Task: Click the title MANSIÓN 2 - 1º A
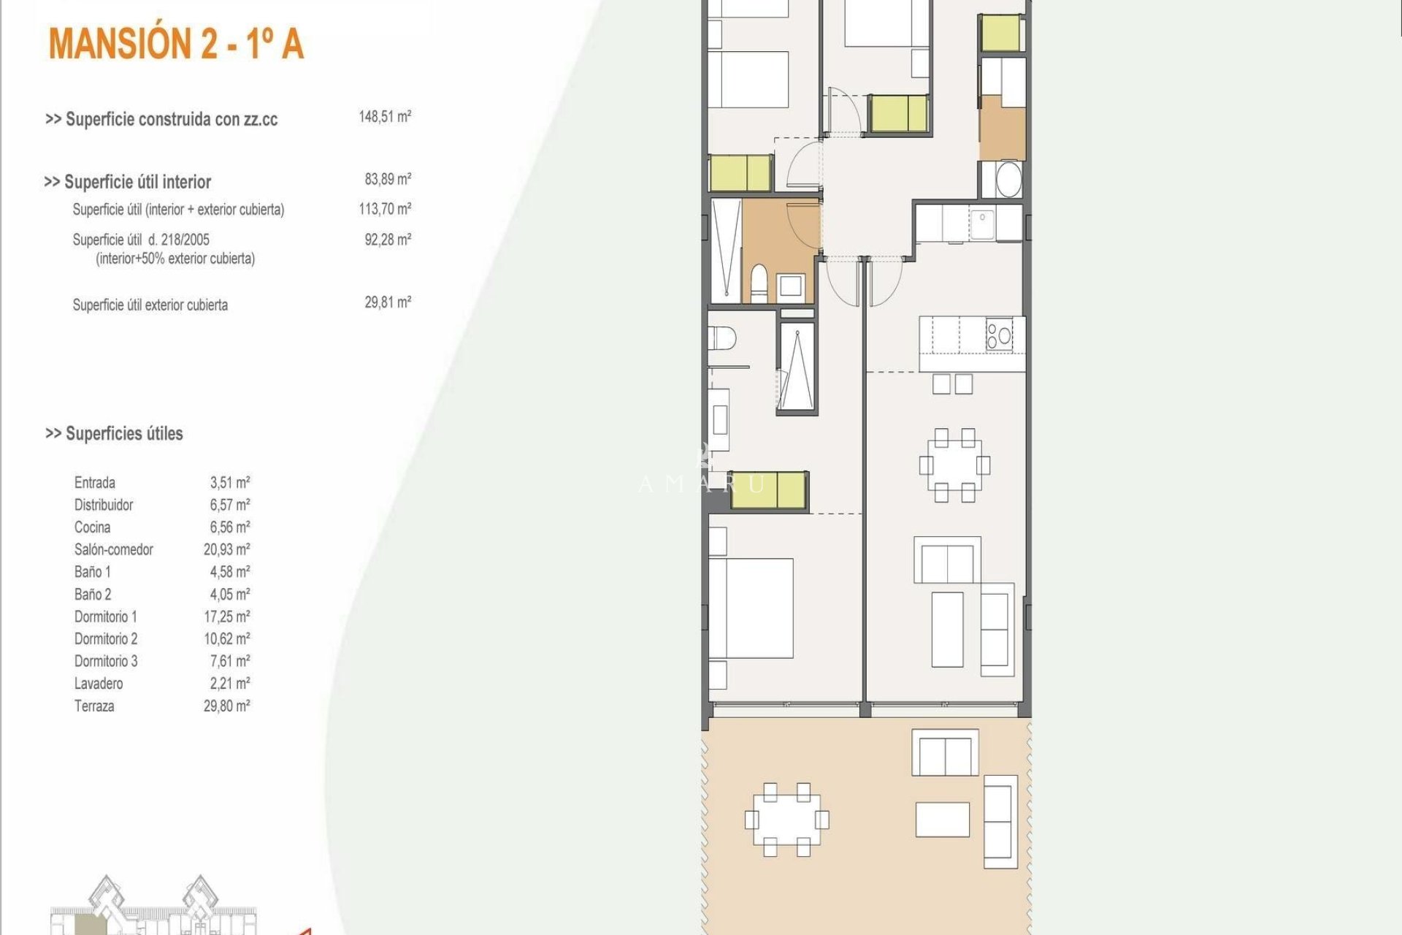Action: click(x=176, y=44)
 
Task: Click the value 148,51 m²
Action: click(x=385, y=117)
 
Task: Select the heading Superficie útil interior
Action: click(x=128, y=182)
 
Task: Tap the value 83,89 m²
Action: click(x=388, y=179)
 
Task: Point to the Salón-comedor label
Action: click(x=114, y=549)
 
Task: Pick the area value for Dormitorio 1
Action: click(x=226, y=617)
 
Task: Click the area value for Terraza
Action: click(x=226, y=706)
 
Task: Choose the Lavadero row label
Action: click(x=99, y=684)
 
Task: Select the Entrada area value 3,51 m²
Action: click(x=229, y=482)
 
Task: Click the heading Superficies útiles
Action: click(x=115, y=434)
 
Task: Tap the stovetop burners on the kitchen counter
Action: click(x=999, y=335)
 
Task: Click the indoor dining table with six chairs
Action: click(x=954, y=465)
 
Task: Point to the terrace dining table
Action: click(x=786, y=820)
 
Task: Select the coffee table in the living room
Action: click(x=947, y=629)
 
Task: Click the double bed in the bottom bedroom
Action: click(x=751, y=608)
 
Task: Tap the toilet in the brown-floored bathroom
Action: click(x=759, y=283)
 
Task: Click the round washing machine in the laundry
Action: click(x=1008, y=179)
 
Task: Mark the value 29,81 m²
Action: click(x=388, y=302)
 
